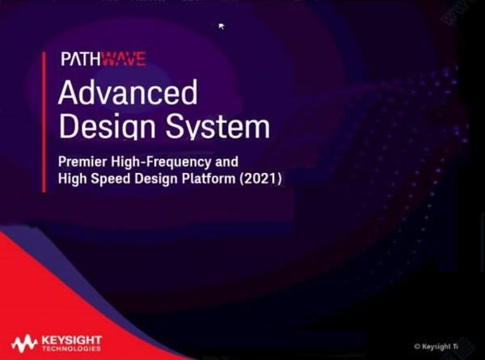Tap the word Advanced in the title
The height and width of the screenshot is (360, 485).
click(x=128, y=94)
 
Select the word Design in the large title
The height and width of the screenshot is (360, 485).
click(x=103, y=127)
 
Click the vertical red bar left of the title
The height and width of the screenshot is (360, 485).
click(x=44, y=121)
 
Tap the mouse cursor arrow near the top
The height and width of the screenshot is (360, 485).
click(x=221, y=26)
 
